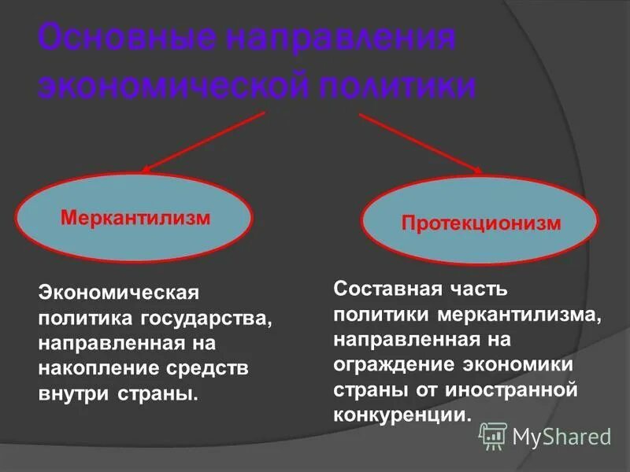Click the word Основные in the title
pyautogui.click(x=125, y=40)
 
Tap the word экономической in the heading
pyautogui.click(x=165, y=85)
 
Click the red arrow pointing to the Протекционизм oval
pyautogui.click(x=421, y=142)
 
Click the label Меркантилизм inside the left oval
pyautogui.click(x=135, y=217)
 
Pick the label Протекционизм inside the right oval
pyautogui.click(x=481, y=223)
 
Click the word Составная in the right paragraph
pyautogui.click(x=384, y=288)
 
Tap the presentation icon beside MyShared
pyautogui.click(x=493, y=434)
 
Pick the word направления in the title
pyautogui.click(x=339, y=40)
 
